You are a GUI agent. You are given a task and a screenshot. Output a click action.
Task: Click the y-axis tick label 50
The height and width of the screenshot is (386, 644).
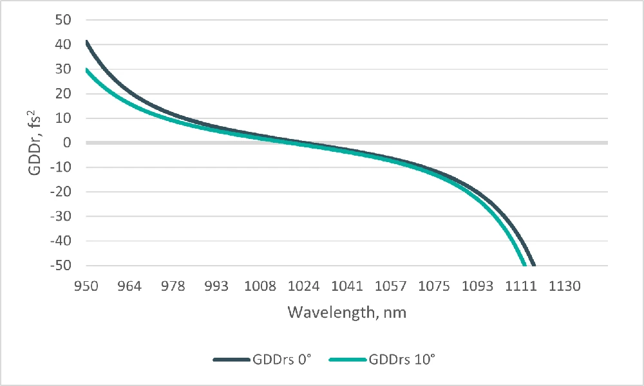point(62,20)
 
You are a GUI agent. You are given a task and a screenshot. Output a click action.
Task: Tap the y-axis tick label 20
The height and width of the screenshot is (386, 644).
point(62,94)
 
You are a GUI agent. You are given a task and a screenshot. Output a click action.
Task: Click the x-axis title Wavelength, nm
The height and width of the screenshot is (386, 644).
point(346,313)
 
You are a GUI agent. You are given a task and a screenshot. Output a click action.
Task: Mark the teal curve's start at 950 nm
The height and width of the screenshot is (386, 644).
point(86,69)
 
